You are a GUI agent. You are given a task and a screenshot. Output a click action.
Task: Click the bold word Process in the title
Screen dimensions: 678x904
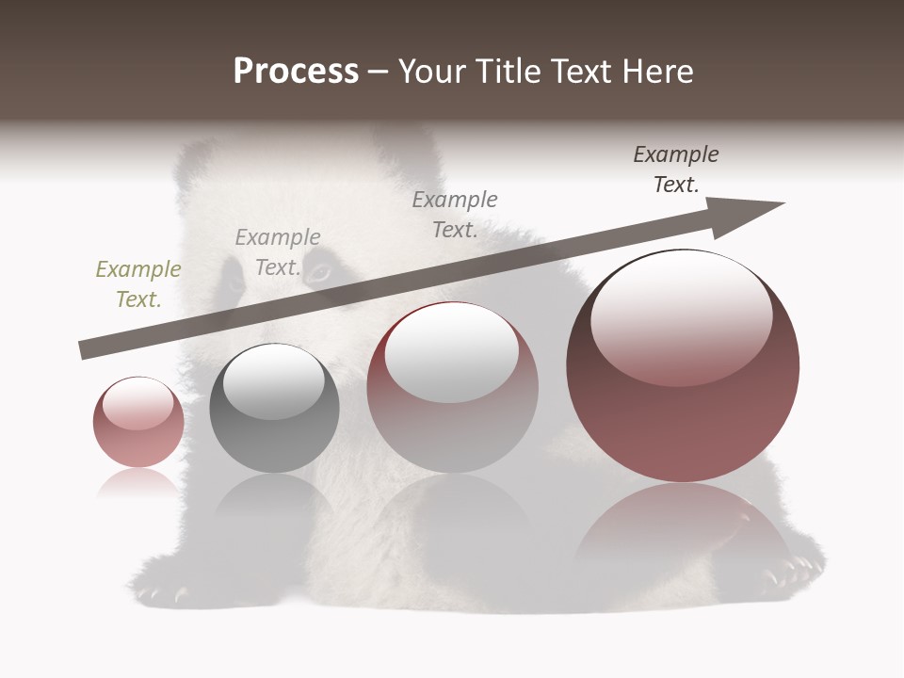[x=296, y=72]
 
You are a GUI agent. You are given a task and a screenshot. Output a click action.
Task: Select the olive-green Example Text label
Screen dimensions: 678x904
[x=138, y=283]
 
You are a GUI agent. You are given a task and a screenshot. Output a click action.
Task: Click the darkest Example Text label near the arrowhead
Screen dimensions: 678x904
[x=676, y=169]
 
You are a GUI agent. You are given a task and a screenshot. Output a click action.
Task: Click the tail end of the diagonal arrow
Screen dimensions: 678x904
[x=83, y=350]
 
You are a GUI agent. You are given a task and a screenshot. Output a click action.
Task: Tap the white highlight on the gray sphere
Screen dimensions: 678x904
[x=274, y=382]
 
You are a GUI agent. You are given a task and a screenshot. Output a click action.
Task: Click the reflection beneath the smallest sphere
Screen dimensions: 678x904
[x=138, y=482]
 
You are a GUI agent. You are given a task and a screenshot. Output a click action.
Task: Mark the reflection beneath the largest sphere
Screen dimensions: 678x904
[x=683, y=527]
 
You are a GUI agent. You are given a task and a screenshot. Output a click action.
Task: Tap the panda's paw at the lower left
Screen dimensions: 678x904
[x=160, y=589]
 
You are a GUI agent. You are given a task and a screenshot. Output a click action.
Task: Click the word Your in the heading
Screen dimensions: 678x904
[x=436, y=72]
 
